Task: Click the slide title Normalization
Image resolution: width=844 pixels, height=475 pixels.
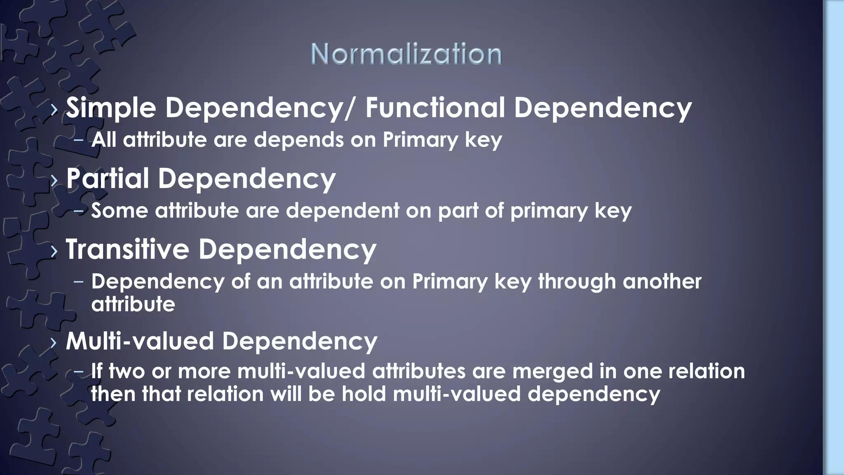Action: click(x=406, y=54)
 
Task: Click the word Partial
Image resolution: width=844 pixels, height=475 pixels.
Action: click(x=108, y=179)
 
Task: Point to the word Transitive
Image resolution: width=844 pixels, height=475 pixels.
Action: click(x=127, y=249)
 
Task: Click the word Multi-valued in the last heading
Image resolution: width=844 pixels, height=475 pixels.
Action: click(x=140, y=341)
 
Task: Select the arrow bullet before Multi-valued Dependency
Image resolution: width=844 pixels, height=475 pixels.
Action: click(x=54, y=343)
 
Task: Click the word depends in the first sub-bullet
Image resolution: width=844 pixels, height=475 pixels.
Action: click(x=298, y=140)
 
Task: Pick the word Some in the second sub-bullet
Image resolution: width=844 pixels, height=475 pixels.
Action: click(x=120, y=211)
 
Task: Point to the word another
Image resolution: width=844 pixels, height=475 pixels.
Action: click(x=662, y=281)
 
